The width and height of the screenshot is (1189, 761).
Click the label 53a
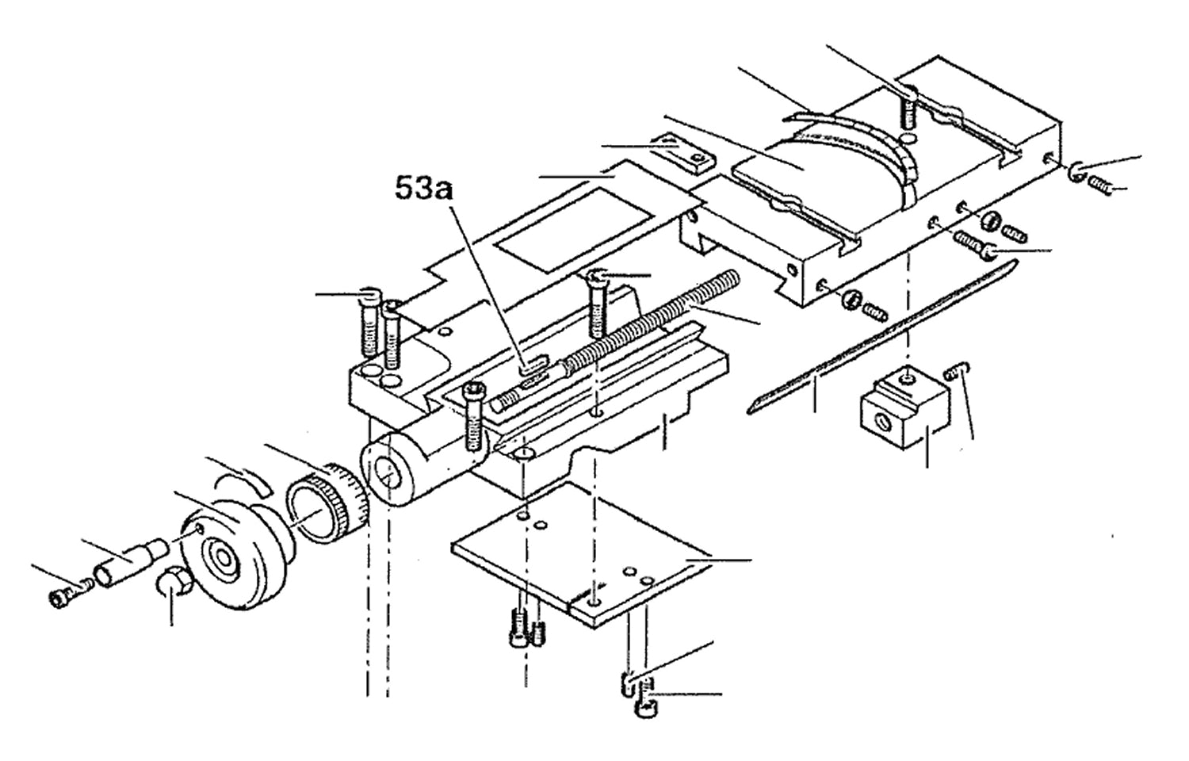tap(423, 189)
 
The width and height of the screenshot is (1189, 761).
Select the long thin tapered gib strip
tap(881, 336)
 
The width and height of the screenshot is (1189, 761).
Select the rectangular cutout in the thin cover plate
tap(572, 231)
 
